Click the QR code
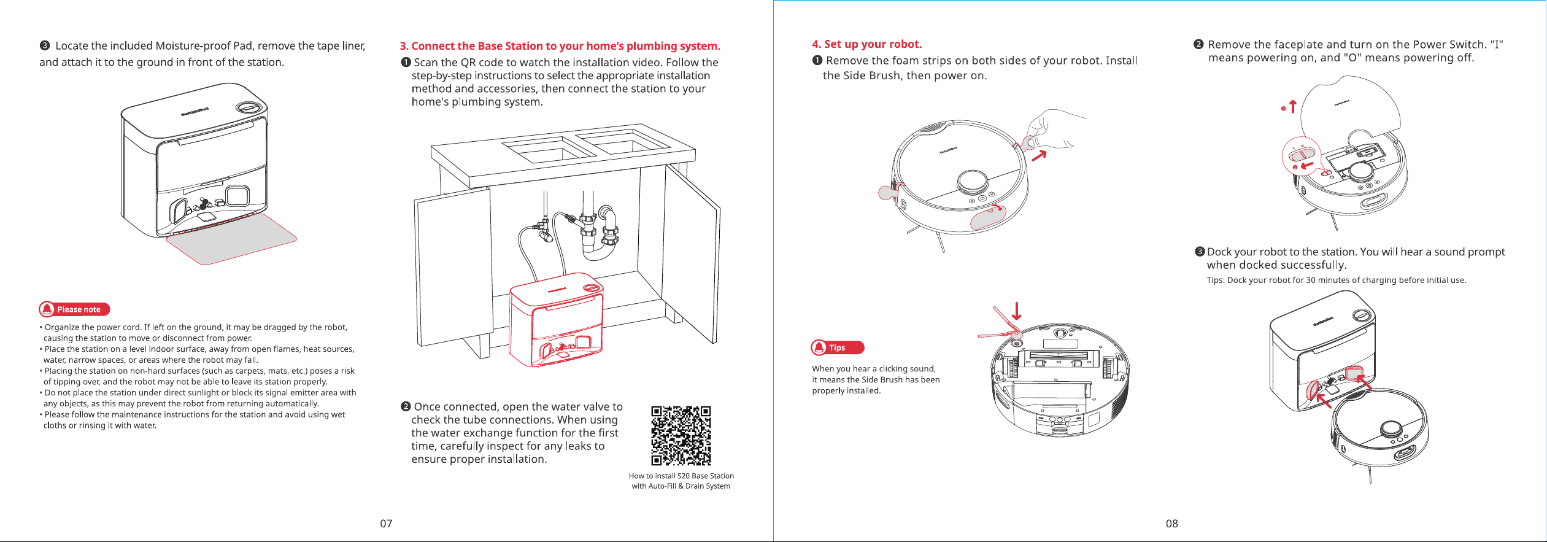point(681,435)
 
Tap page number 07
point(386,524)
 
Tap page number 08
point(1172,524)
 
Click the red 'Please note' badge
point(74,309)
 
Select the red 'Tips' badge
point(838,347)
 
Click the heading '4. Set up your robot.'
point(866,44)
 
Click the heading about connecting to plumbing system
point(560,46)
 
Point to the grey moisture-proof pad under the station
point(231,239)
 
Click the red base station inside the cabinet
point(557,320)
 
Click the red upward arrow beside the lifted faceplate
point(1292,107)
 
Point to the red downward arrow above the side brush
point(1016,311)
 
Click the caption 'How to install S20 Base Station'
point(681,476)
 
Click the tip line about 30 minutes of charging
point(1337,281)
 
